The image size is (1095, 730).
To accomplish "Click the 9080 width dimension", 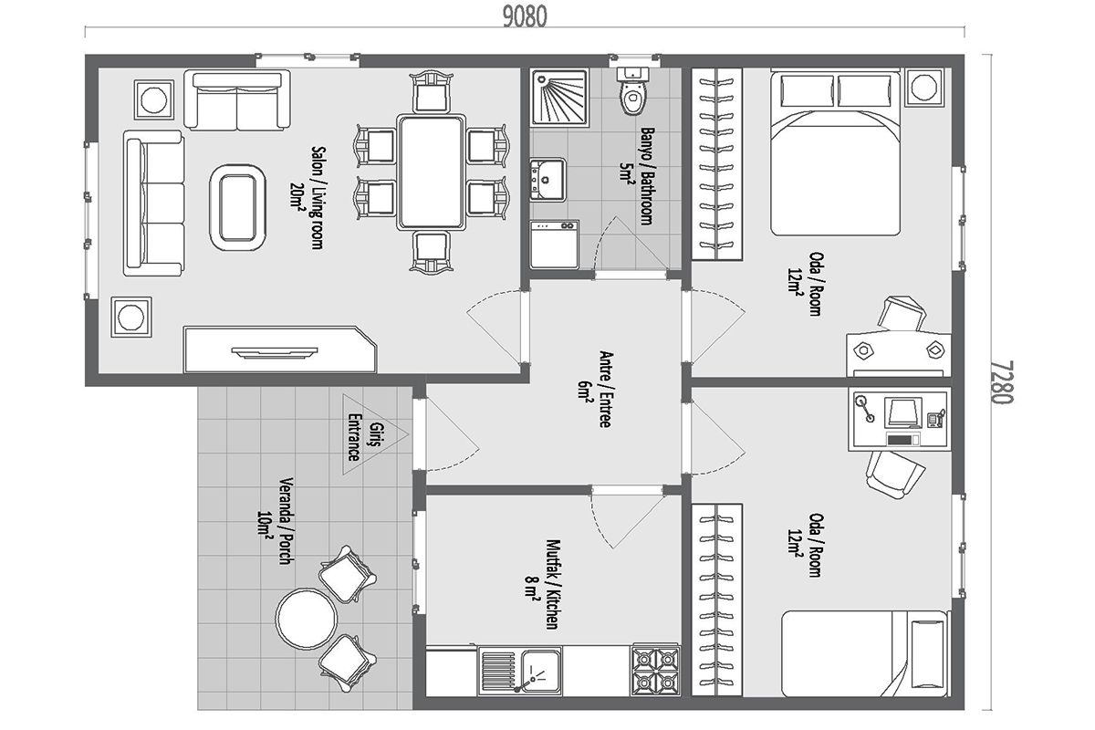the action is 525,17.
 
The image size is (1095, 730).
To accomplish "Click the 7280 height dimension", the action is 1003,381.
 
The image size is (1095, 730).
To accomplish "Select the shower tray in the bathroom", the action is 559,97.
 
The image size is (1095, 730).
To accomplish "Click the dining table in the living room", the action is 431,172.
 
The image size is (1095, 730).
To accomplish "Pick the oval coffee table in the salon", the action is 237,207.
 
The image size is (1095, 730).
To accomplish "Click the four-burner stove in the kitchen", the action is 655,670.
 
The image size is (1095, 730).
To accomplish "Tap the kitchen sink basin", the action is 540,671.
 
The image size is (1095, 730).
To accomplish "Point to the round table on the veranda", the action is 306,619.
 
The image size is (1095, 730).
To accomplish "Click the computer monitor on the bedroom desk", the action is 902,412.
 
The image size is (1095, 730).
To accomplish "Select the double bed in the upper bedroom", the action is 836,152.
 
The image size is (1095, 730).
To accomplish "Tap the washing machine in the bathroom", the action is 555,244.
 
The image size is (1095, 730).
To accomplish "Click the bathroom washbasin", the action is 547,180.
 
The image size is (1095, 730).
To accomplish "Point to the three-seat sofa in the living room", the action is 153,203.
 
